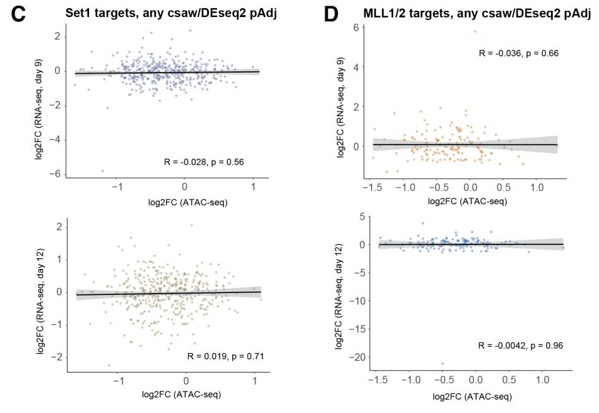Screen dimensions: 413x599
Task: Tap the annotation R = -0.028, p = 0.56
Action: coord(203,162)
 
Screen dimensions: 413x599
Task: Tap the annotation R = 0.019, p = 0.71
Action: coord(225,356)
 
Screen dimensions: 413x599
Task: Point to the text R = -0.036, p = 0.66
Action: coord(518,53)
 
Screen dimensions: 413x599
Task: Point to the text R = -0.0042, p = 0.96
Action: coord(521,345)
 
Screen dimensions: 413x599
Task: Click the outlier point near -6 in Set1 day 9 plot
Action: coord(102,171)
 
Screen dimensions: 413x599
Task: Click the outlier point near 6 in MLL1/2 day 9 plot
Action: coord(475,31)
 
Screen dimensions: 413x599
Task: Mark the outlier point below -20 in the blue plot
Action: coord(442,363)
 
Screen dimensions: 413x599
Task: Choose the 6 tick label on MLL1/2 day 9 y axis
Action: coord(357,28)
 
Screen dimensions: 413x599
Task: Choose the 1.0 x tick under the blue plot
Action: coord(542,381)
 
